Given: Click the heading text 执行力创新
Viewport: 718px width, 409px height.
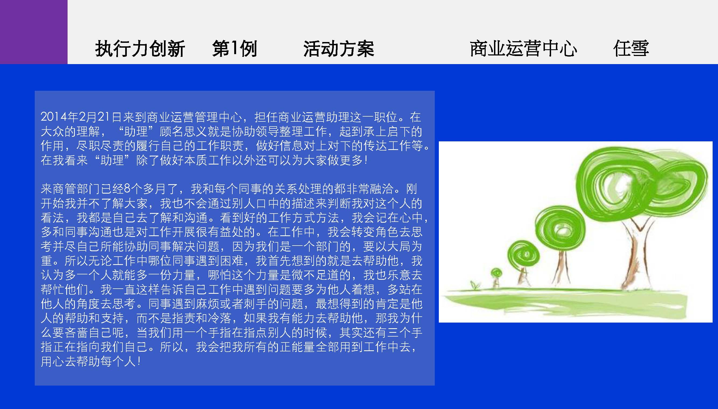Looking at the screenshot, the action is pos(140,48).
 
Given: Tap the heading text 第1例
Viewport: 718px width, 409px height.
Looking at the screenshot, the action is pos(234,48).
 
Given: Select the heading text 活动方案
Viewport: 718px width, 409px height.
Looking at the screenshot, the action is pos(339,48).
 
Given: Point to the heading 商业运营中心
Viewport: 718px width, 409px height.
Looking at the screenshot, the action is pos(523,48).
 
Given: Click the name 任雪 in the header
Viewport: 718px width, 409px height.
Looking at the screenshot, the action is pos(631,48).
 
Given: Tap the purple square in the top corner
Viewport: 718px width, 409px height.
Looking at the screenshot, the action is pos(34,32).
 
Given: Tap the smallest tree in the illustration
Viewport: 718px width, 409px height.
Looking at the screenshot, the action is pos(496,278).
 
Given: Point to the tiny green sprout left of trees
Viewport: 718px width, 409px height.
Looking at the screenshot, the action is pos(475,285).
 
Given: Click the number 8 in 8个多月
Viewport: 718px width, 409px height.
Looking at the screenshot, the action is pos(127,189).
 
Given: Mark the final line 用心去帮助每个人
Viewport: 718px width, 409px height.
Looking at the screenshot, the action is pos(90,362).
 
